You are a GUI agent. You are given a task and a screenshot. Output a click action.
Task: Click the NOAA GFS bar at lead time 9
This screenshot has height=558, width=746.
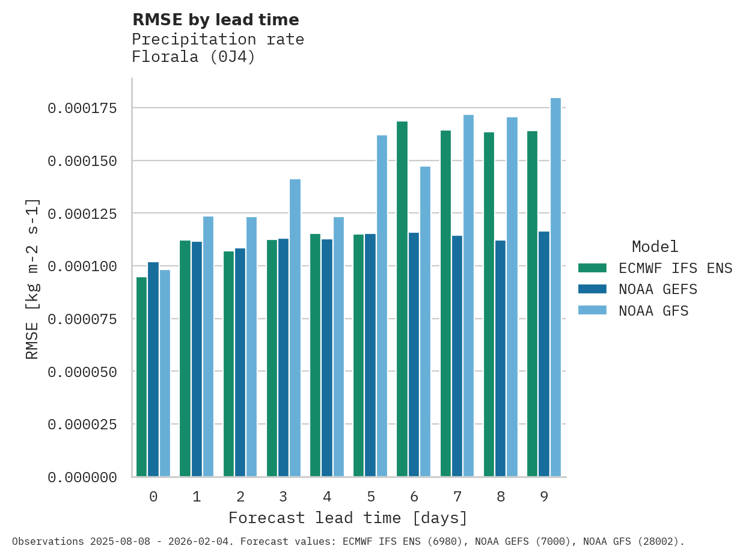tap(556, 287)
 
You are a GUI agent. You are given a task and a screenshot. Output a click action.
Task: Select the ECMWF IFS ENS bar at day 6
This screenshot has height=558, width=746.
tap(402, 299)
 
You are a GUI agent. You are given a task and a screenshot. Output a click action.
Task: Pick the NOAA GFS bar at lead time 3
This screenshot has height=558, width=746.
tap(295, 328)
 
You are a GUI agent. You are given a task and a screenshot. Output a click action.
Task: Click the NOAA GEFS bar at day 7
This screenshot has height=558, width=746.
tap(457, 356)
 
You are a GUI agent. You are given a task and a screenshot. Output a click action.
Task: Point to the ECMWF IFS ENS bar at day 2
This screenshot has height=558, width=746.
tap(228, 364)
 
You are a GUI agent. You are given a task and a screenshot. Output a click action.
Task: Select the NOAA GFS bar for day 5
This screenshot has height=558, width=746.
tap(382, 306)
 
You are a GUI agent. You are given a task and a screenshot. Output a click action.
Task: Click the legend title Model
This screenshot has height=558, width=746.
tap(655, 247)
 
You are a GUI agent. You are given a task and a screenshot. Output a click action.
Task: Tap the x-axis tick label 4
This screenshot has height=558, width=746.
tap(327, 497)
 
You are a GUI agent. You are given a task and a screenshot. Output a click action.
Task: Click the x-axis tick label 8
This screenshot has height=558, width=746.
tap(501, 497)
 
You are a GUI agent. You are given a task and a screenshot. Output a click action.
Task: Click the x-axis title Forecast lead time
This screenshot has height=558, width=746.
tap(347, 518)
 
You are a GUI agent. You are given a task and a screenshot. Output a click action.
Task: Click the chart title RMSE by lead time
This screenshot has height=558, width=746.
tap(215, 20)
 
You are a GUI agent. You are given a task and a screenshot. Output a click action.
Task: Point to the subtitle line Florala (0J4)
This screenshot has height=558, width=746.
tap(194, 57)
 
